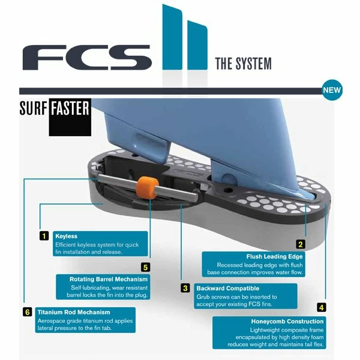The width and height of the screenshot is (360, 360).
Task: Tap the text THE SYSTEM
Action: pos(242,64)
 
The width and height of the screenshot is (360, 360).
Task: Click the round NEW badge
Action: pos(332,91)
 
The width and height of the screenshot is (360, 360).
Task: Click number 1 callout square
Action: pos(44,236)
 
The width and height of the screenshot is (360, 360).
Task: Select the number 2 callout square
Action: pos(301,244)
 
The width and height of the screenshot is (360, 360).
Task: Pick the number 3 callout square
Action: pos(186,288)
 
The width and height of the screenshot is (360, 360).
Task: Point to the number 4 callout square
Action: pos(322,307)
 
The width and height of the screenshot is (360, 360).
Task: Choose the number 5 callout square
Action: pos(145,267)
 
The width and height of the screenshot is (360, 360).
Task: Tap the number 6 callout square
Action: pos(27,312)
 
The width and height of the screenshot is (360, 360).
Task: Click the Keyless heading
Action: pos(66,236)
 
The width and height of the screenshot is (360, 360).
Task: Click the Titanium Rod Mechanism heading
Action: pos(74,312)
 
